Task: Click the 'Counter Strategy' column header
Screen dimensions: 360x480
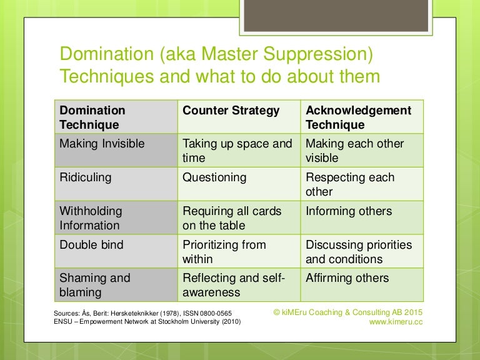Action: [x=231, y=111]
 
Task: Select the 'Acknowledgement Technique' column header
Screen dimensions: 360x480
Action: [x=358, y=117]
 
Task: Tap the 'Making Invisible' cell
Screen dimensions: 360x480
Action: [x=102, y=144]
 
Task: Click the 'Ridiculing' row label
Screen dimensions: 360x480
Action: [x=86, y=177]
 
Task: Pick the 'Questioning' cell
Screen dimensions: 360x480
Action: [x=214, y=177]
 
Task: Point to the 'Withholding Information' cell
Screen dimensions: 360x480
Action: [x=91, y=218]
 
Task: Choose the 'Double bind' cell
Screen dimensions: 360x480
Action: [x=91, y=245]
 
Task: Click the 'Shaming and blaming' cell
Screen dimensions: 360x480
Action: [x=95, y=285]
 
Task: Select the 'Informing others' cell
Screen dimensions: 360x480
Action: [x=349, y=211]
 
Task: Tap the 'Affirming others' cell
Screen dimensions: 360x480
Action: [x=347, y=278]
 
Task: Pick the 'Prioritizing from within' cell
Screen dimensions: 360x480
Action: [x=224, y=251]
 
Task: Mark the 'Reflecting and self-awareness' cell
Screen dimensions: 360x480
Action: [x=233, y=285]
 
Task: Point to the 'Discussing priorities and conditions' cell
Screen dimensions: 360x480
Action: [x=359, y=251]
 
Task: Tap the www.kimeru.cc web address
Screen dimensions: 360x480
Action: [x=396, y=322]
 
